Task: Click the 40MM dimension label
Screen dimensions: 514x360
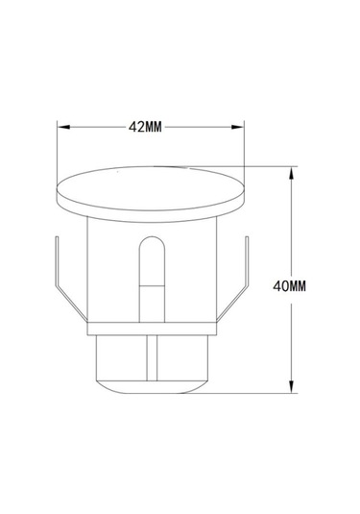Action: [x=289, y=286]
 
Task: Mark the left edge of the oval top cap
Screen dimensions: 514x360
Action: [x=60, y=191]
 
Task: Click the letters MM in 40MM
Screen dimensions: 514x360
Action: [x=298, y=286]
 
